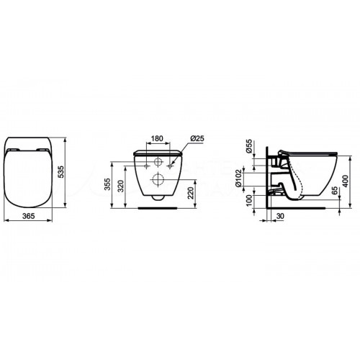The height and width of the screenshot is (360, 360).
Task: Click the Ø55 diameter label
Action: click(x=249, y=148)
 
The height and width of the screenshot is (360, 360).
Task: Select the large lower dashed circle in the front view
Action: click(x=156, y=181)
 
